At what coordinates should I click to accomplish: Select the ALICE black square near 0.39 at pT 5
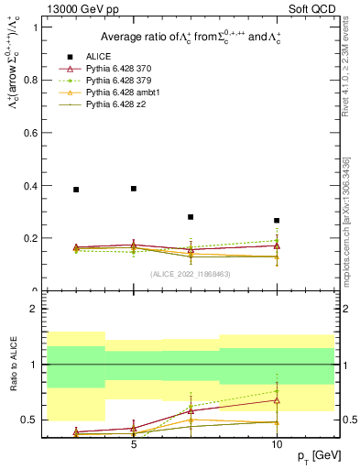tap(134, 189)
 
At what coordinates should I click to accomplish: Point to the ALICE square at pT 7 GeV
tap(191, 217)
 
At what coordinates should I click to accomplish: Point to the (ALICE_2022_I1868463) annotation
tap(191, 274)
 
